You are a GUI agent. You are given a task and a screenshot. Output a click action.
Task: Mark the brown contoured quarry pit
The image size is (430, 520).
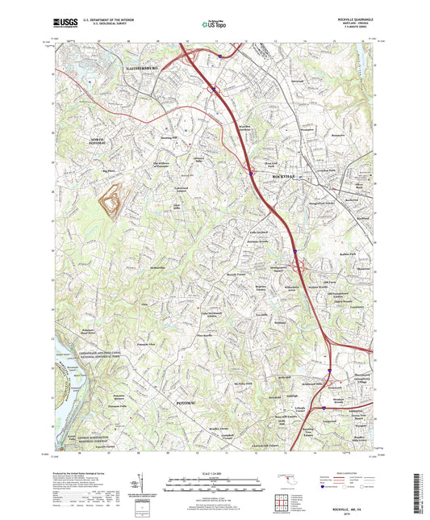[x=112, y=202]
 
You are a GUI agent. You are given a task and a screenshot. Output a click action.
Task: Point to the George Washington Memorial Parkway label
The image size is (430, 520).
[x=86, y=440]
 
